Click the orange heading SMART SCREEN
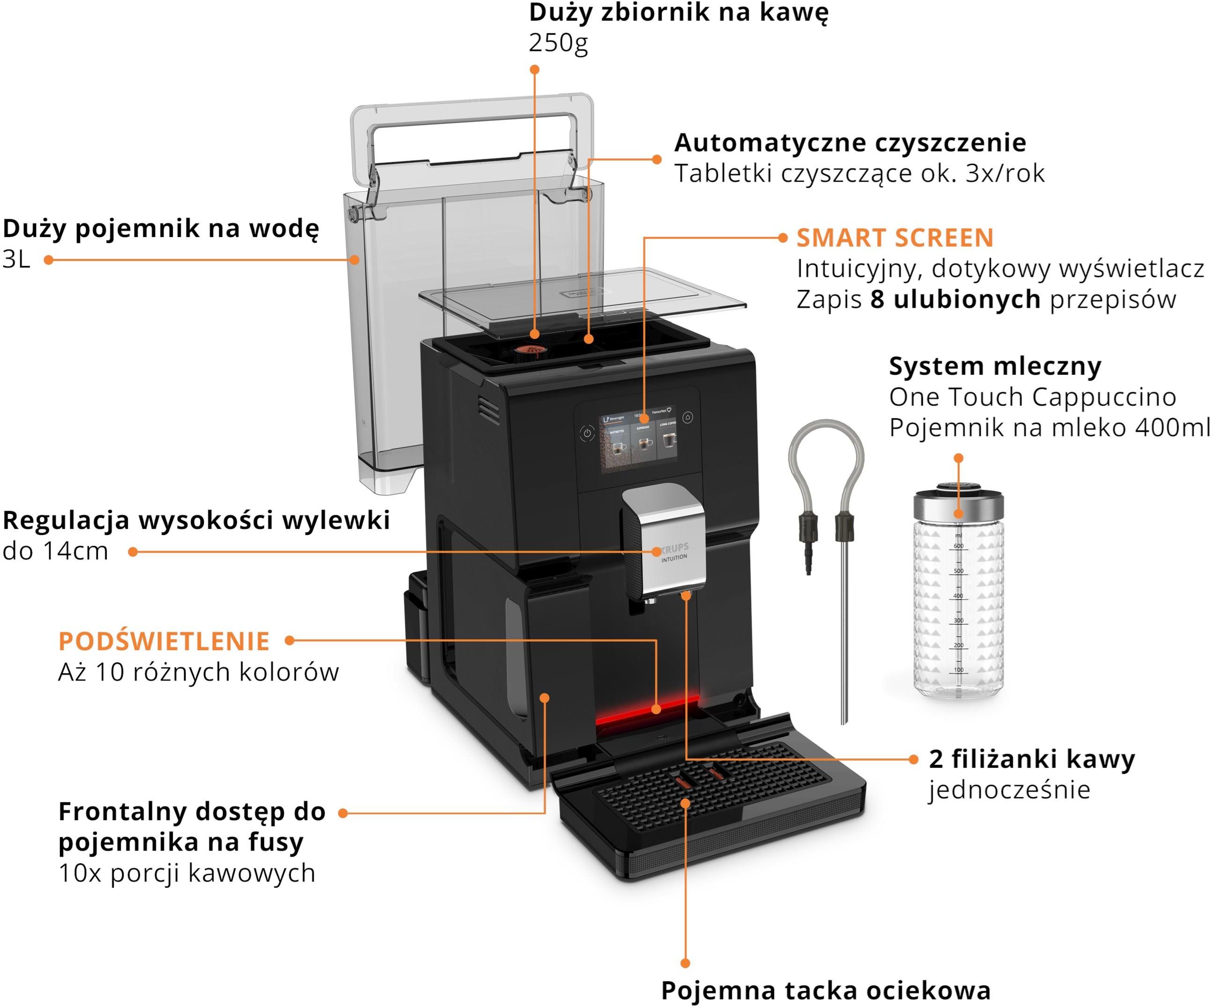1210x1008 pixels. pyautogui.click(x=895, y=238)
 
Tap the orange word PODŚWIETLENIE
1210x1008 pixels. pyautogui.click(x=164, y=641)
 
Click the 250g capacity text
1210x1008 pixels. pyautogui.click(x=558, y=43)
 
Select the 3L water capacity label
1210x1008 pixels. pyautogui.click(x=16, y=259)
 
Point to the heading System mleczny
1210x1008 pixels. pyautogui.click(x=995, y=367)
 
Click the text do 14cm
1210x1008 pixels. pyautogui.click(x=55, y=551)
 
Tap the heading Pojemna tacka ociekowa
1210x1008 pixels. pyautogui.click(x=826, y=990)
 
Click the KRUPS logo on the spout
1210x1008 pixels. pyautogui.click(x=673, y=547)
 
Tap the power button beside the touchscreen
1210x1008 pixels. pyautogui.click(x=587, y=433)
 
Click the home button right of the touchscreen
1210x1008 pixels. pyautogui.click(x=687, y=417)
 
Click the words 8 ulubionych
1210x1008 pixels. pyautogui.click(x=955, y=299)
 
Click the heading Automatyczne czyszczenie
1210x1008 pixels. pyautogui.click(x=850, y=142)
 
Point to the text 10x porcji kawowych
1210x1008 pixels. pyautogui.click(x=187, y=873)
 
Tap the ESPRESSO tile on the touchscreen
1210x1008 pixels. pyautogui.click(x=643, y=441)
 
